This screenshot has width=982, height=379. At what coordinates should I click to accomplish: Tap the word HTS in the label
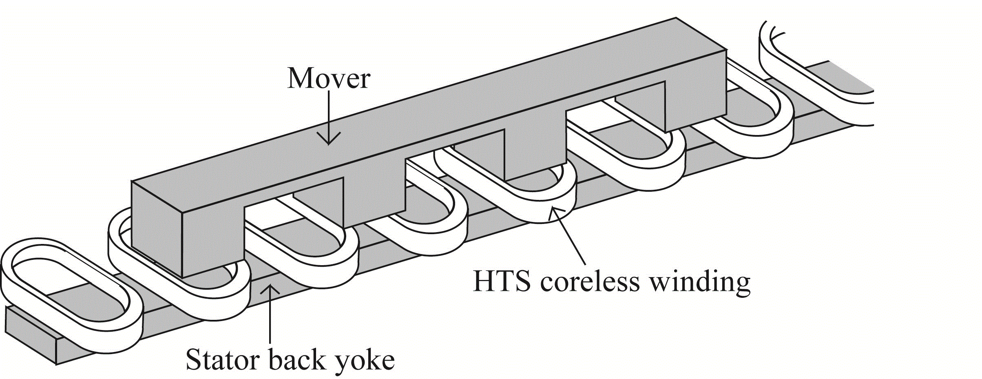pyautogui.click(x=502, y=281)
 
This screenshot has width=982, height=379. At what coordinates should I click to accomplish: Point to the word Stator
pyautogui.click(x=223, y=360)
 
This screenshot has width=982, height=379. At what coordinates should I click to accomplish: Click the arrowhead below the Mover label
pyautogui.click(x=329, y=139)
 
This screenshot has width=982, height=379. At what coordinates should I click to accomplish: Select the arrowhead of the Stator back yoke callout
pyautogui.click(x=270, y=289)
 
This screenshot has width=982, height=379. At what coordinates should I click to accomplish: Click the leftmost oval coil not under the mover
pyautogui.click(x=71, y=294)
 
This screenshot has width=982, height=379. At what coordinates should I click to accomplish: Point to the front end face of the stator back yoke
pyautogui.click(x=31, y=335)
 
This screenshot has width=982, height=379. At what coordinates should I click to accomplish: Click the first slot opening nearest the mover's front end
pyautogui.click(x=294, y=204)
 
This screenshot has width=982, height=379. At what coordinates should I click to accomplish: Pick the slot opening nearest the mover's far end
pyautogui.click(x=616, y=106)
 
